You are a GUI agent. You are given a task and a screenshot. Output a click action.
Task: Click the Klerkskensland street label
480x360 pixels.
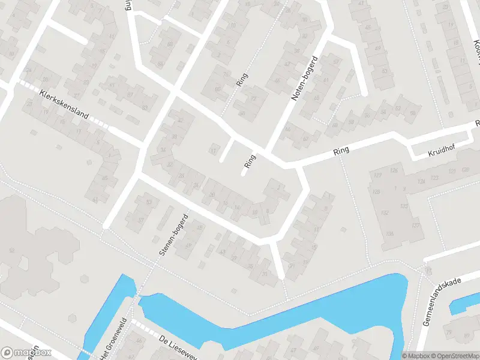click(x=64, y=105)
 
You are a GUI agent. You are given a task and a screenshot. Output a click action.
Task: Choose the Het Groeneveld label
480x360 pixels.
click(x=113, y=339)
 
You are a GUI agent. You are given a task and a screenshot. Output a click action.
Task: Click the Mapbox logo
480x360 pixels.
click(x=26, y=353)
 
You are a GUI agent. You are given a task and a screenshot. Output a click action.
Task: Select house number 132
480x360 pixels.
click(x=385, y=212)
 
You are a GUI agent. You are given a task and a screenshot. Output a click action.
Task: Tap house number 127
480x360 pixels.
click(x=377, y=175)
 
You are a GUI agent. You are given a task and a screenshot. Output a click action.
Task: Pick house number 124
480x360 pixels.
click(x=422, y=181)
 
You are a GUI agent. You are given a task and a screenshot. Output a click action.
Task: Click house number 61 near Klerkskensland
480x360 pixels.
click(x=95, y=200)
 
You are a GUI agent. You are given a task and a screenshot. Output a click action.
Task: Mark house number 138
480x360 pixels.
click(x=389, y=233)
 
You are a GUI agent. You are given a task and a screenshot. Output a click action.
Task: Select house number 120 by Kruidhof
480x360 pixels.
click(x=465, y=170)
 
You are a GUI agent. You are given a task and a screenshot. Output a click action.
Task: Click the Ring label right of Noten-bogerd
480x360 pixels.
click(x=341, y=153)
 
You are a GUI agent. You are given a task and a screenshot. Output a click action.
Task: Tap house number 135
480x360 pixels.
click(x=403, y=207)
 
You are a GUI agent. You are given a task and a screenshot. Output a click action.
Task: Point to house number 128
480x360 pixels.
click(x=376, y=192)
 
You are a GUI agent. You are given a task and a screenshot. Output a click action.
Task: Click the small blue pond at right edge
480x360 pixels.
click(x=464, y=304)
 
